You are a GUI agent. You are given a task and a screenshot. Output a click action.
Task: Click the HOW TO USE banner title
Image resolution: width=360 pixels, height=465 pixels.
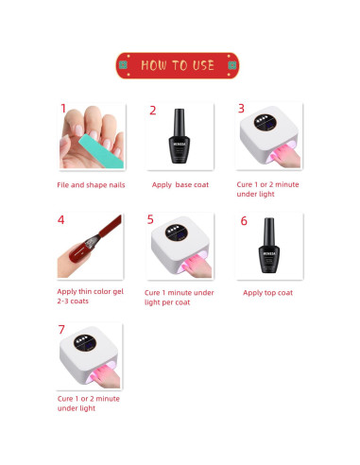click(179, 65)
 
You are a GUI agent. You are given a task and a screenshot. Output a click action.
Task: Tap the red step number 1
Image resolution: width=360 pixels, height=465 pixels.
click(63, 110)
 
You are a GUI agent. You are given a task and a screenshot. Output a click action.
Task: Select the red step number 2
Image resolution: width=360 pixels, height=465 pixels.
click(153, 111)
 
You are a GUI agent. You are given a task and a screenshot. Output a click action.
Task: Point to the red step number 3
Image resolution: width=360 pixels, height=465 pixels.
click(241, 110)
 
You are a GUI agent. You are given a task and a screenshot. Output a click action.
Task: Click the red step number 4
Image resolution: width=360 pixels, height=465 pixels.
click(62, 220)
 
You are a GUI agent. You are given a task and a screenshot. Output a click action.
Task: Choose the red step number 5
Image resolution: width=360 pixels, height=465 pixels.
click(150, 220)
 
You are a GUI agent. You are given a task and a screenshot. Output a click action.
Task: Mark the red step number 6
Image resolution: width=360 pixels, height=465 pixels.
click(244, 221)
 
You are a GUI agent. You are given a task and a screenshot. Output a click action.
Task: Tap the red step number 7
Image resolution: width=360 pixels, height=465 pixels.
click(62, 330)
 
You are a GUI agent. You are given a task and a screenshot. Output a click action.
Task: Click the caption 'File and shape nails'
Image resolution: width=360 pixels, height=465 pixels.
click(91, 184)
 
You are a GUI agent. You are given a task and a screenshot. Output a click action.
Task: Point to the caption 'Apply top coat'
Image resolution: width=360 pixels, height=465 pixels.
click(267, 292)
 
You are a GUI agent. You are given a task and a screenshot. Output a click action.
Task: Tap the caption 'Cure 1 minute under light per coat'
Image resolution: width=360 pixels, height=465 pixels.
click(180, 298)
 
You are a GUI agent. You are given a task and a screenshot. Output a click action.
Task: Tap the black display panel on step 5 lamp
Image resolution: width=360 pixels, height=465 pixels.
click(175, 232)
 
